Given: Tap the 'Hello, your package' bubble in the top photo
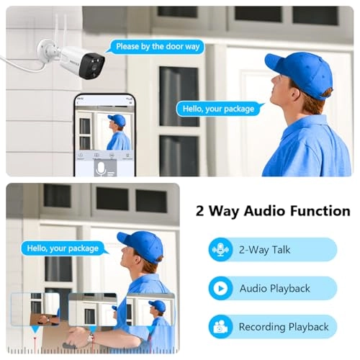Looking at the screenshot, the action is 218,109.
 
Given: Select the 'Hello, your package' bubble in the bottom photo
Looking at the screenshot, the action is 63,248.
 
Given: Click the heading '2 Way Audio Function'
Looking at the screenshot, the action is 273,211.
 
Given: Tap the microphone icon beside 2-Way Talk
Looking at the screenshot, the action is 220,250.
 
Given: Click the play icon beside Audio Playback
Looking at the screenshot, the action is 220,288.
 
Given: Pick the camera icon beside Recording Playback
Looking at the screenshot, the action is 220,327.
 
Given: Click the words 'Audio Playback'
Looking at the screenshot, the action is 275,288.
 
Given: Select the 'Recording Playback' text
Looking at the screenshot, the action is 284,327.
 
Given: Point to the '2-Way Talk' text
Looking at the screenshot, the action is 264,250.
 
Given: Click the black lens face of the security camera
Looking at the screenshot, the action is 92,66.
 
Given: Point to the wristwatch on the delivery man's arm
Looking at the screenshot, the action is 91,338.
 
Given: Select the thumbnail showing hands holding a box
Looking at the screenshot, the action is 35,309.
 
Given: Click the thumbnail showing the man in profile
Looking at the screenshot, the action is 150,310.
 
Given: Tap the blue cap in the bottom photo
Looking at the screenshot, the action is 141,246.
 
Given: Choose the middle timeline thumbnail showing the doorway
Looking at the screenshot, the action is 93,310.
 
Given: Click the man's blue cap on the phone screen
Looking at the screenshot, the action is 117,120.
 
